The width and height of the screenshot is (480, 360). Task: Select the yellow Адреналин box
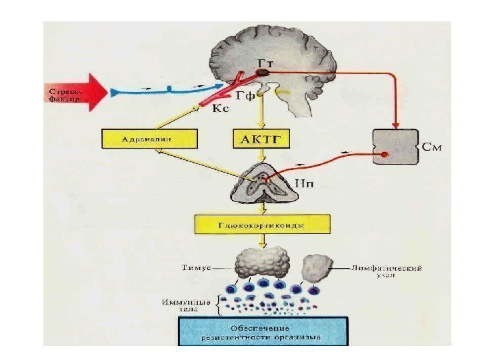151,139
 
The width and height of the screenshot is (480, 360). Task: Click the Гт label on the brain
265,61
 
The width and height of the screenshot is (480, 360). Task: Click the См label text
431,143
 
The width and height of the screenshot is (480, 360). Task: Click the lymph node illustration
319,267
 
